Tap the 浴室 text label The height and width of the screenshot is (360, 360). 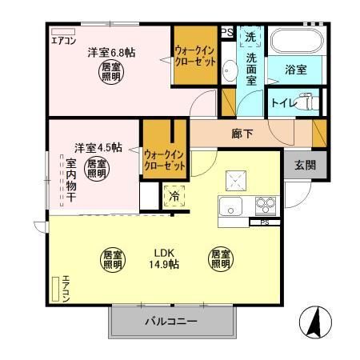[x=295, y=70]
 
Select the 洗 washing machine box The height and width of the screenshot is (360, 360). [x=250, y=37]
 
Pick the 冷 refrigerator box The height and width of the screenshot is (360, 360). [x=173, y=194]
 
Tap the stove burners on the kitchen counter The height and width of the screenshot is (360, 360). [x=265, y=206]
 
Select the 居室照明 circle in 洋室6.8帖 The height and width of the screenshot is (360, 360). [x=110, y=73]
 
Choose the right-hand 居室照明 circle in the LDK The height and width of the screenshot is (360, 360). [x=221, y=258]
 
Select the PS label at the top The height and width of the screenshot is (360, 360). [x=227, y=32]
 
